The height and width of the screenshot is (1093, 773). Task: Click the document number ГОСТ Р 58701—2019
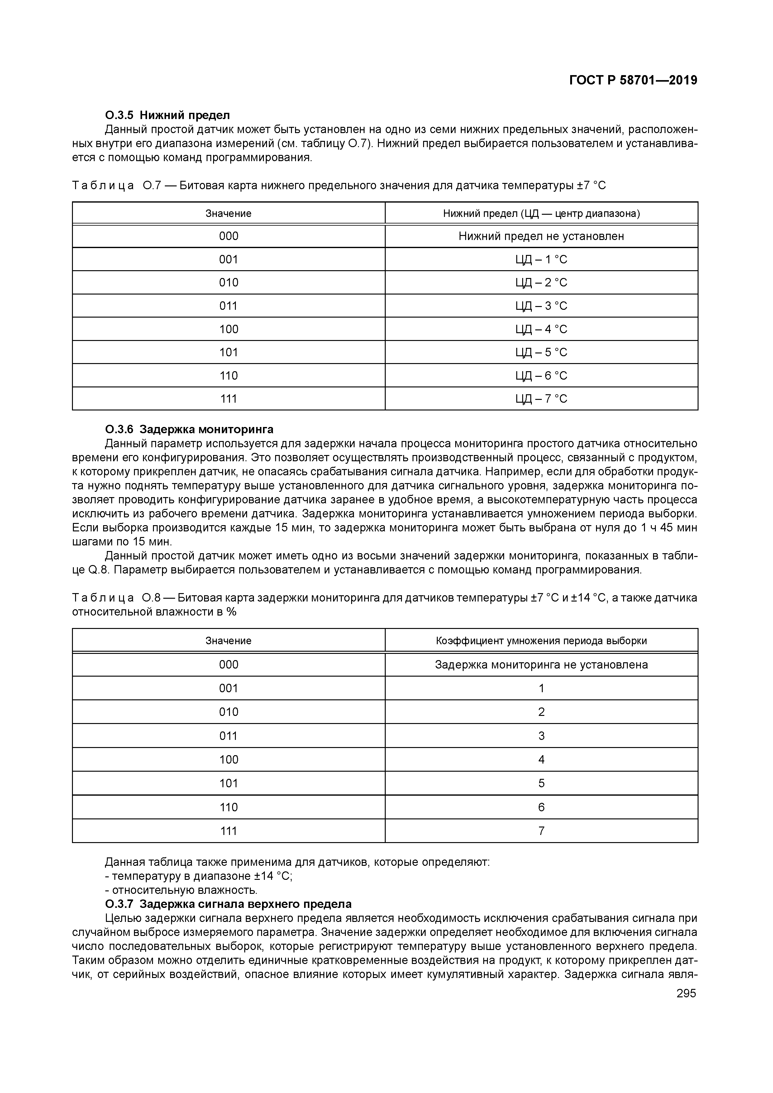point(633,80)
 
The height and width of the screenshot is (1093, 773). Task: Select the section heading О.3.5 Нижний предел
point(167,115)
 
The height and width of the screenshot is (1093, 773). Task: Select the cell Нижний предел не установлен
point(541,237)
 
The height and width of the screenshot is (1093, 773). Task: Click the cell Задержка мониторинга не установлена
point(541,664)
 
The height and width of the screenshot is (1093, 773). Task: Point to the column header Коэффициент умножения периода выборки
point(541,641)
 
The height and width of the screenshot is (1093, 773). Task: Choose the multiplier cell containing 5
point(541,783)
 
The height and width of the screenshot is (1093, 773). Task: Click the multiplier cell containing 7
point(541,831)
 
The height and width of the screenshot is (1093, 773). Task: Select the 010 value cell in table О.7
point(228,283)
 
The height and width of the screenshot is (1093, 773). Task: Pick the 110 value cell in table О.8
point(228,807)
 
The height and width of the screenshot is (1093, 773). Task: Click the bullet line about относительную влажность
point(181,890)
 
